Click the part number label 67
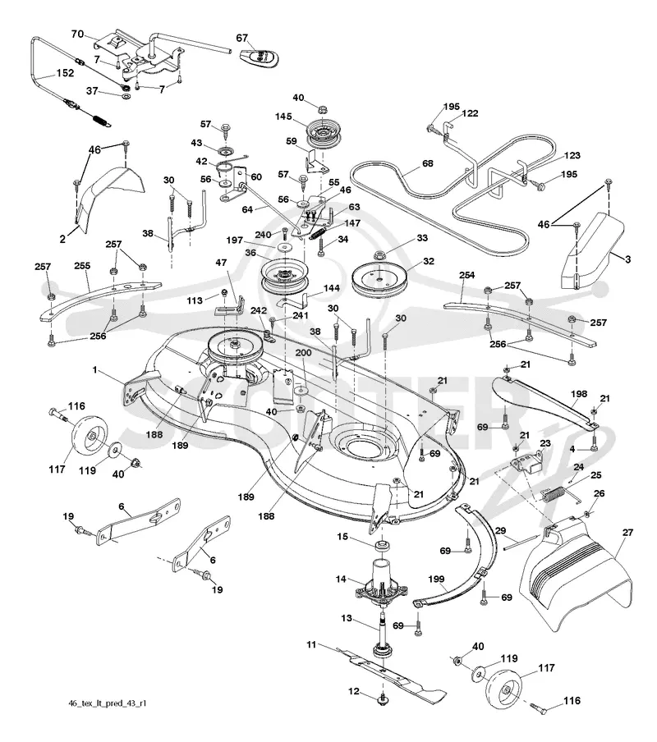point(242,39)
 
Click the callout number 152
point(66,73)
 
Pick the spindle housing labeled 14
point(382,584)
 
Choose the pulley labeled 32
point(379,282)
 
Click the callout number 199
point(436,579)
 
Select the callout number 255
point(82,266)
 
